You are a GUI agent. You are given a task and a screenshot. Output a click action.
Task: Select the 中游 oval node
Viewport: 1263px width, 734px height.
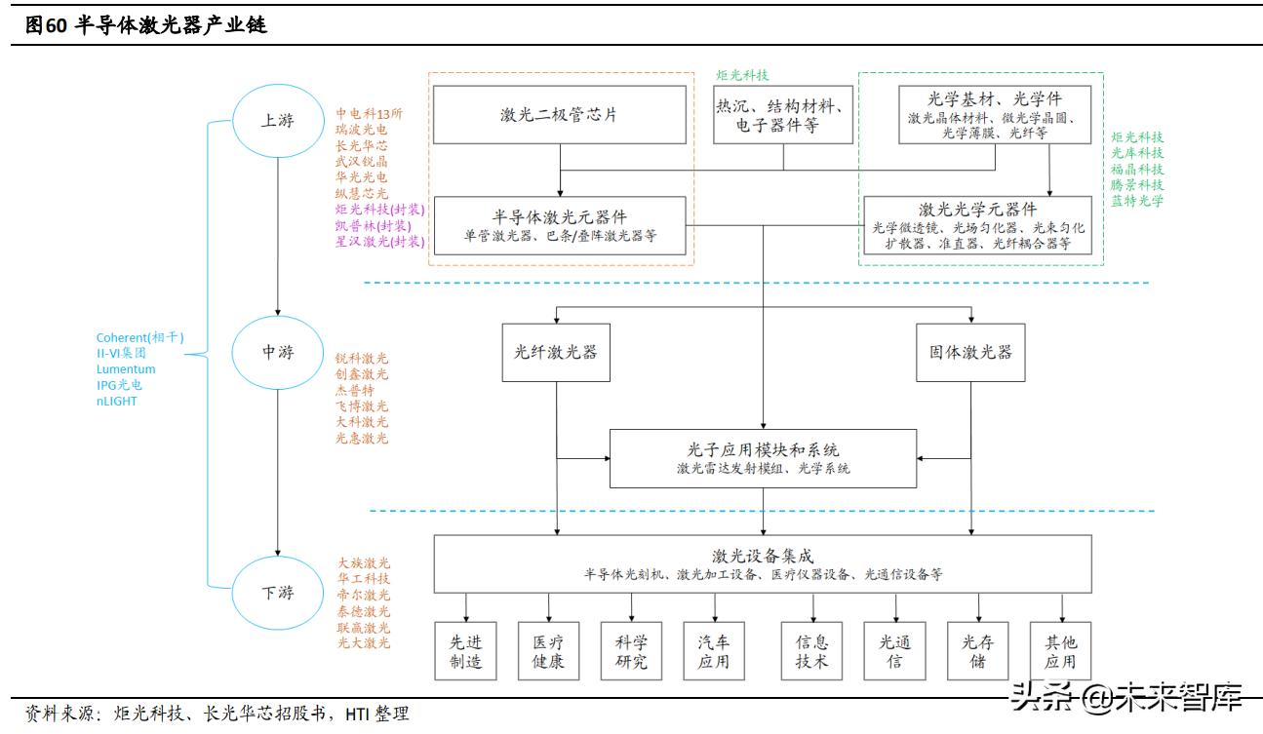tap(277, 352)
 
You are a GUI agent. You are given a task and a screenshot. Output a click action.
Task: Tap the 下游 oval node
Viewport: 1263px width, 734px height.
tap(277, 592)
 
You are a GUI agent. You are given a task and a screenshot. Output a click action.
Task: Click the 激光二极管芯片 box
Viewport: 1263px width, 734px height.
tap(560, 114)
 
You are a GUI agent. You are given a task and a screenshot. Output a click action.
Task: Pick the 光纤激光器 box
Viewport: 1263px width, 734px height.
tap(556, 351)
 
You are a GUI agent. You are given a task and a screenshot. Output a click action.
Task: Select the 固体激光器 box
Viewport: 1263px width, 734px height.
tap(970, 351)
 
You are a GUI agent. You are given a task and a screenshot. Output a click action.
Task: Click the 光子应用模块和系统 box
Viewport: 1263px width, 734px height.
tap(763, 458)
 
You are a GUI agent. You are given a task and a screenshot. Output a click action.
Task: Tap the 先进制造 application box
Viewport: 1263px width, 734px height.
tap(465, 651)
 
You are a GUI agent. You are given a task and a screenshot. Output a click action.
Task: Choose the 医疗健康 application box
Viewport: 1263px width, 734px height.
tap(548, 651)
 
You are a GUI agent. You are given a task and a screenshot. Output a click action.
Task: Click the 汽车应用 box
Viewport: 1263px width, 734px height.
tap(713, 651)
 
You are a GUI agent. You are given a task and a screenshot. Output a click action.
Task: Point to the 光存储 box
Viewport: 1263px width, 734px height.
tap(977, 651)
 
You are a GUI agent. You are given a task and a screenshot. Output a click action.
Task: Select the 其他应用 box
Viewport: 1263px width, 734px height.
tap(1060, 651)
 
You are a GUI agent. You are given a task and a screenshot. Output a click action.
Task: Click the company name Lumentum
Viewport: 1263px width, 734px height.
tap(126, 369)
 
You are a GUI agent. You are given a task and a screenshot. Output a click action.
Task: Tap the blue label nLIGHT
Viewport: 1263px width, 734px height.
tap(117, 401)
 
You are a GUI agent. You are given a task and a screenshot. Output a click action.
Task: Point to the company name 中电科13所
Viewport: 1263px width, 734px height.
tap(369, 113)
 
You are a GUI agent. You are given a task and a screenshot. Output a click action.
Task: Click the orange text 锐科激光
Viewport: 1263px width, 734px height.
tap(362, 359)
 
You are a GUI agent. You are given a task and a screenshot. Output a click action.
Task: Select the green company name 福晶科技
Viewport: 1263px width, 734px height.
tap(1137, 169)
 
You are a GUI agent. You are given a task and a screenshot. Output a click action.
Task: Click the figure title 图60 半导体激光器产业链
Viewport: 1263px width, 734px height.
tap(146, 26)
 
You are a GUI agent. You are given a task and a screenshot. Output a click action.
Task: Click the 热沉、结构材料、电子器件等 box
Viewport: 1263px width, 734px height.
tap(784, 114)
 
